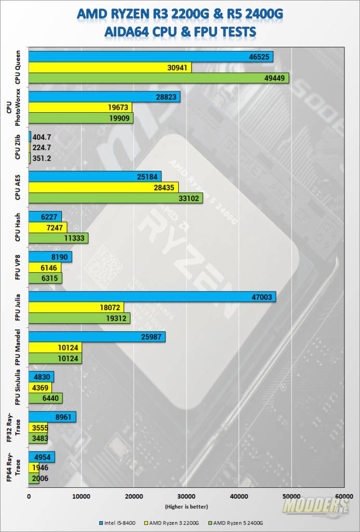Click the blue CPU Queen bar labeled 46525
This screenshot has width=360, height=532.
[151, 57]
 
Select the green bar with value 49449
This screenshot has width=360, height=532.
[158, 78]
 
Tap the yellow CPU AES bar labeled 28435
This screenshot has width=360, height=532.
[103, 187]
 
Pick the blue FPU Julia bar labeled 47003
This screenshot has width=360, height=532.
[152, 296]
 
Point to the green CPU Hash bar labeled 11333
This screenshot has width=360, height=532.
[58, 238]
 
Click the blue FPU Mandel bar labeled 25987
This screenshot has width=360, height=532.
[97, 337]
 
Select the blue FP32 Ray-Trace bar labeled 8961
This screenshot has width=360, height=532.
[52, 416]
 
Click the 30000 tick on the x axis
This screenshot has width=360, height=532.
[186, 496]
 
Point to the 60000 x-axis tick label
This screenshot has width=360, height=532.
[343, 496]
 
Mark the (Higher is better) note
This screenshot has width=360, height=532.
[186, 506]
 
